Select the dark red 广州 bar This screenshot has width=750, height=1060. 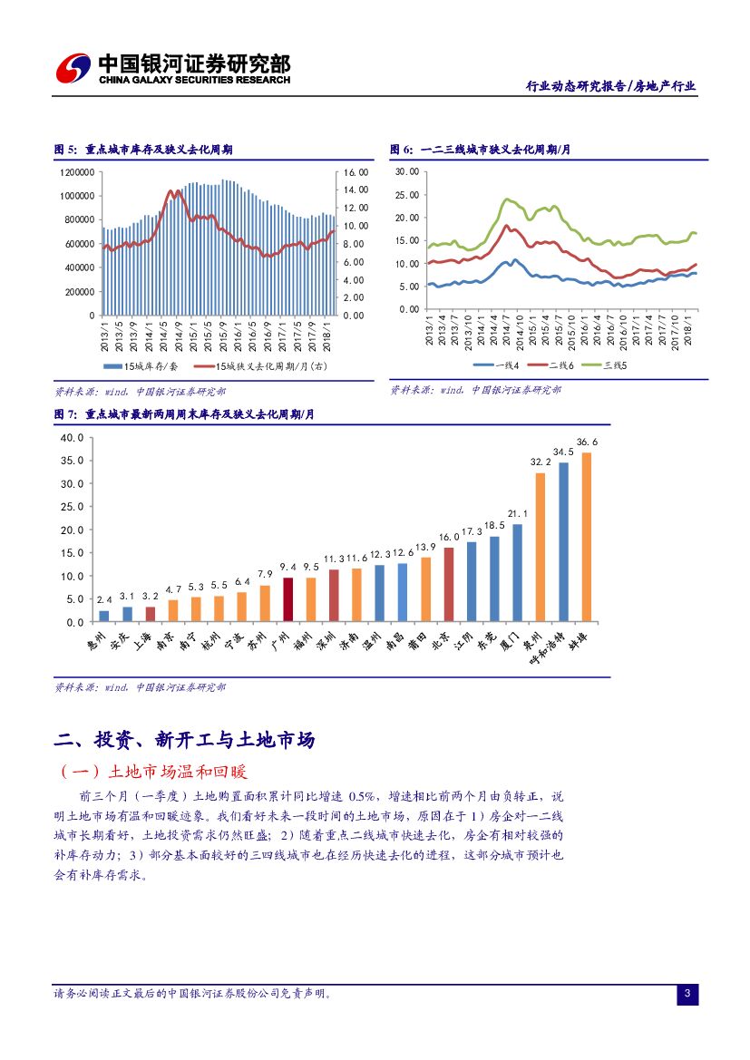click(287, 599)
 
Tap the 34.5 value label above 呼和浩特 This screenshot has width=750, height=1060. click(563, 452)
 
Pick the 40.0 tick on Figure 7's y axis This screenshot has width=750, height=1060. click(72, 437)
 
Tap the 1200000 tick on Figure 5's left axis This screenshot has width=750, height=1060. click(77, 171)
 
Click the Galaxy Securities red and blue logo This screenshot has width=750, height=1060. click(72, 67)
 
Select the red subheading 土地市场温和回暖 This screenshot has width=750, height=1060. click(177, 772)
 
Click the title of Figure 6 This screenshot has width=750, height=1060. click(480, 150)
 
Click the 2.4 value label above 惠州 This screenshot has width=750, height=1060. click(104, 600)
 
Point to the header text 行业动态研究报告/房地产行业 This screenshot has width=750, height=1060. click(611, 87)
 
